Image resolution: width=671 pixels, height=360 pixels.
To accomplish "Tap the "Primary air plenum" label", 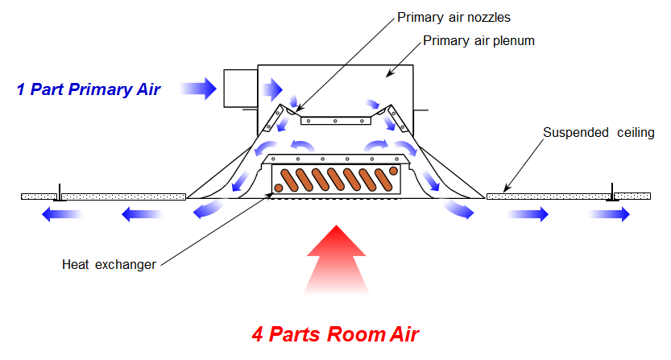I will point(480,41).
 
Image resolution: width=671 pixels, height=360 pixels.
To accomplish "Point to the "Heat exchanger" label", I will point(109,264).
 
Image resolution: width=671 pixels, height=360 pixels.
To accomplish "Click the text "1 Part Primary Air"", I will point(89,89).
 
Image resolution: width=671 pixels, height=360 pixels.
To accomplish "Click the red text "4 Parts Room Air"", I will point(336,332).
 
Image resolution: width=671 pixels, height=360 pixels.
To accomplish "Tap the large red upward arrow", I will point(337,262).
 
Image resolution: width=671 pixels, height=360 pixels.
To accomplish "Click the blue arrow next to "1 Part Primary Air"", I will point(199,88).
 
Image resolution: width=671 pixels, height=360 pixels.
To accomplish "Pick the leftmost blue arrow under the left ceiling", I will point(60,214).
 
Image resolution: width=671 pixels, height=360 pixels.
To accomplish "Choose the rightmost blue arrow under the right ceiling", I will point(611,214).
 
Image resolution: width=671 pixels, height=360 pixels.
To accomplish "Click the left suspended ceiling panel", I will point(105,196).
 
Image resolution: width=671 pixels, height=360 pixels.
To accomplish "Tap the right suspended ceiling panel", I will point(568,196).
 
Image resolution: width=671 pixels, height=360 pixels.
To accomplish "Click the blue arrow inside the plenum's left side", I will point(272,87).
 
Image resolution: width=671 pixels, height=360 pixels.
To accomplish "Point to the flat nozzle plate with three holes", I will point(334,120).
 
